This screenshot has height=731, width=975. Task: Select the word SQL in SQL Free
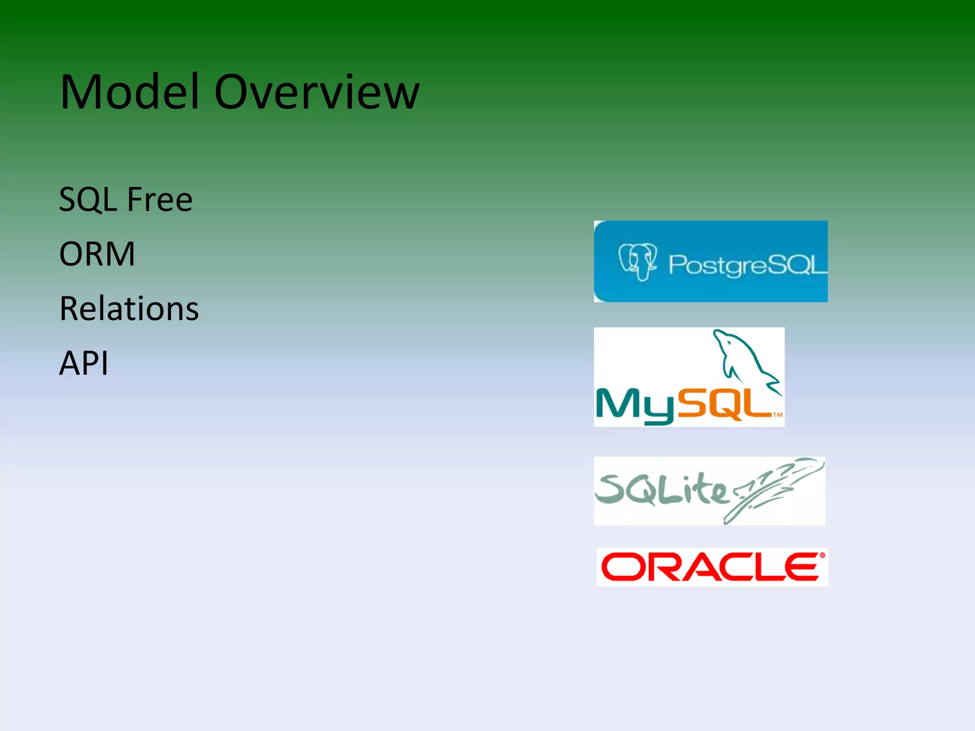(88, 199)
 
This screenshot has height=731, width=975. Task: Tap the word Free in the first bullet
(159, 199)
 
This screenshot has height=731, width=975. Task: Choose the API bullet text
(84, 363)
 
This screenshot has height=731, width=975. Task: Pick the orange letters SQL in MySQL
(724, 405)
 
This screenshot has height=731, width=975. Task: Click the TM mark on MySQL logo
(777, 415)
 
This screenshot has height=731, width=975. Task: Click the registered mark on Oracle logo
(822, 555)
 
